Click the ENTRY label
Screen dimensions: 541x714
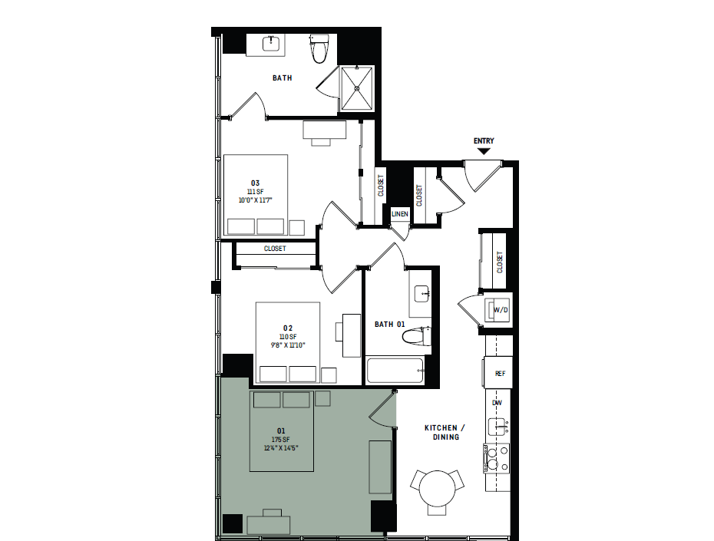(484, 140)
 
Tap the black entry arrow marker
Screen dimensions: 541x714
(484, 151)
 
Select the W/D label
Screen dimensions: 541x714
(501, 310)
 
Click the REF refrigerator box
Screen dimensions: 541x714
(500, 374)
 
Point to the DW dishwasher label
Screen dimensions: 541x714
(497, 403)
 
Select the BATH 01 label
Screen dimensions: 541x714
(389, 325)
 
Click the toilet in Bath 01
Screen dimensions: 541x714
(418, 336)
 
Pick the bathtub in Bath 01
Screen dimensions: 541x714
(395, 371)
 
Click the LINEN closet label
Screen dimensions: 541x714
(400, 214)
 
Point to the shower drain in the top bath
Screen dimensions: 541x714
(358, 87)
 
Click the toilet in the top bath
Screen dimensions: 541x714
(319, 49)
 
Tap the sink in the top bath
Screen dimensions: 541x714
(270, 45)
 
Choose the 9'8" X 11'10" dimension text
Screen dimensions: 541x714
(288, 345)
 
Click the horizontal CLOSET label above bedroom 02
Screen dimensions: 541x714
(275, 249)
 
